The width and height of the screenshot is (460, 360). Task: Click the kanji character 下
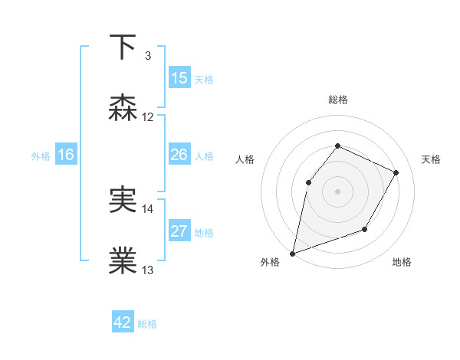(x=123, y=47)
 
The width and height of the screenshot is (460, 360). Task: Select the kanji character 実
(x=123, y=201)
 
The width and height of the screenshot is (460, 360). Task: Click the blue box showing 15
(x=179, y=78)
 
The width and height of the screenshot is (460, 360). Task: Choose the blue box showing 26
(x=179, y=155)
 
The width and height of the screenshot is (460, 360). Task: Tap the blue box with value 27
(x=179, y=231)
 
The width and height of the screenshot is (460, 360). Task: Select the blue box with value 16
(x=66, y=155)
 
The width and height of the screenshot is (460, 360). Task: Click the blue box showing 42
(x=123, y=322)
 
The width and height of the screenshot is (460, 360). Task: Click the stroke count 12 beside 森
(x=148, y=117)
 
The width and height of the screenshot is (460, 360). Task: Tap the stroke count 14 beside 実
(x=148, y=209)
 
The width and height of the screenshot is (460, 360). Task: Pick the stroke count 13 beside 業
(x=148, y=270)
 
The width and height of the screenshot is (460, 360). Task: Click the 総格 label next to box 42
(x=147, y=324)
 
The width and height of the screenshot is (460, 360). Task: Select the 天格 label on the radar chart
(x=431, y=159)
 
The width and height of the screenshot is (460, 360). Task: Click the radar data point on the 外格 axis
(x=292, y=254)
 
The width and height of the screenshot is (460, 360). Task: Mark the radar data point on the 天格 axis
(x=396, y=172)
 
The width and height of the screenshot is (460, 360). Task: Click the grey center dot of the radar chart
(x=337, y=191)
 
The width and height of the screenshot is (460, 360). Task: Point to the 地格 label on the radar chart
(x=402, y=263)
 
